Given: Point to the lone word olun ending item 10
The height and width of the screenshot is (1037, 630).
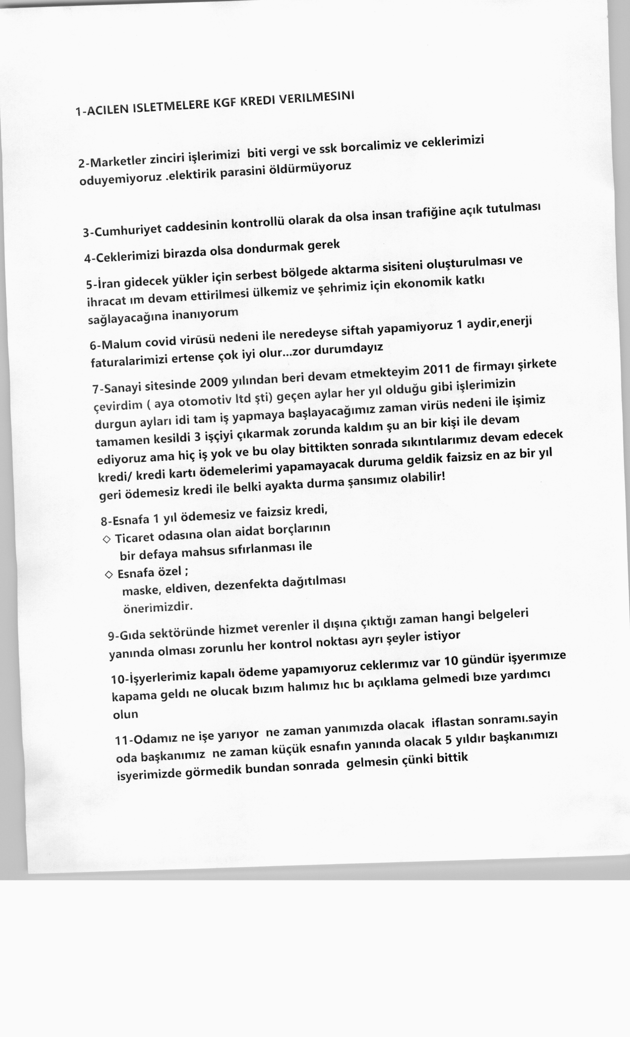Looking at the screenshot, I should [x=125, y=715].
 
